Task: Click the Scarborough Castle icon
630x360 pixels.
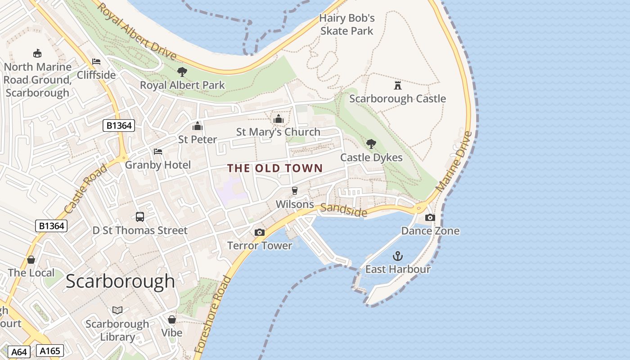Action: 397,85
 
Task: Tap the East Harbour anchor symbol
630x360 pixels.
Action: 397,256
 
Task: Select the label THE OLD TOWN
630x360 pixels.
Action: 275,168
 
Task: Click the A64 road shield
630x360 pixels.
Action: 18,351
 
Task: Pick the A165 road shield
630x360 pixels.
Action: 49,351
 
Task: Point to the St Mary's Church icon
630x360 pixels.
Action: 278,119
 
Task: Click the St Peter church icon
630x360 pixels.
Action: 197,126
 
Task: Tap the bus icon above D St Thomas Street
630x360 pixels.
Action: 140,217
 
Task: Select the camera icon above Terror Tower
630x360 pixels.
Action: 259,232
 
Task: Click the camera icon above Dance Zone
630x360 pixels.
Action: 430,218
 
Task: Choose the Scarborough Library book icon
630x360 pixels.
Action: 117,310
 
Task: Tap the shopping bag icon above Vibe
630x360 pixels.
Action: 171,319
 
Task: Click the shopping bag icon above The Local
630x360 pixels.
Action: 31,260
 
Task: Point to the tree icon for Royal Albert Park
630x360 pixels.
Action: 182,72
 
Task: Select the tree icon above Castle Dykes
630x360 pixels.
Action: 371,144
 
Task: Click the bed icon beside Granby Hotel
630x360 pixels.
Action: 157,152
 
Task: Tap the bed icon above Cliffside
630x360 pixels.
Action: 96,62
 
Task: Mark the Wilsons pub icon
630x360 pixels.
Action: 295,191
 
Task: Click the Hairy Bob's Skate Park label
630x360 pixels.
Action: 346,24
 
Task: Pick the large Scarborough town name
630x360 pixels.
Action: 120,281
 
